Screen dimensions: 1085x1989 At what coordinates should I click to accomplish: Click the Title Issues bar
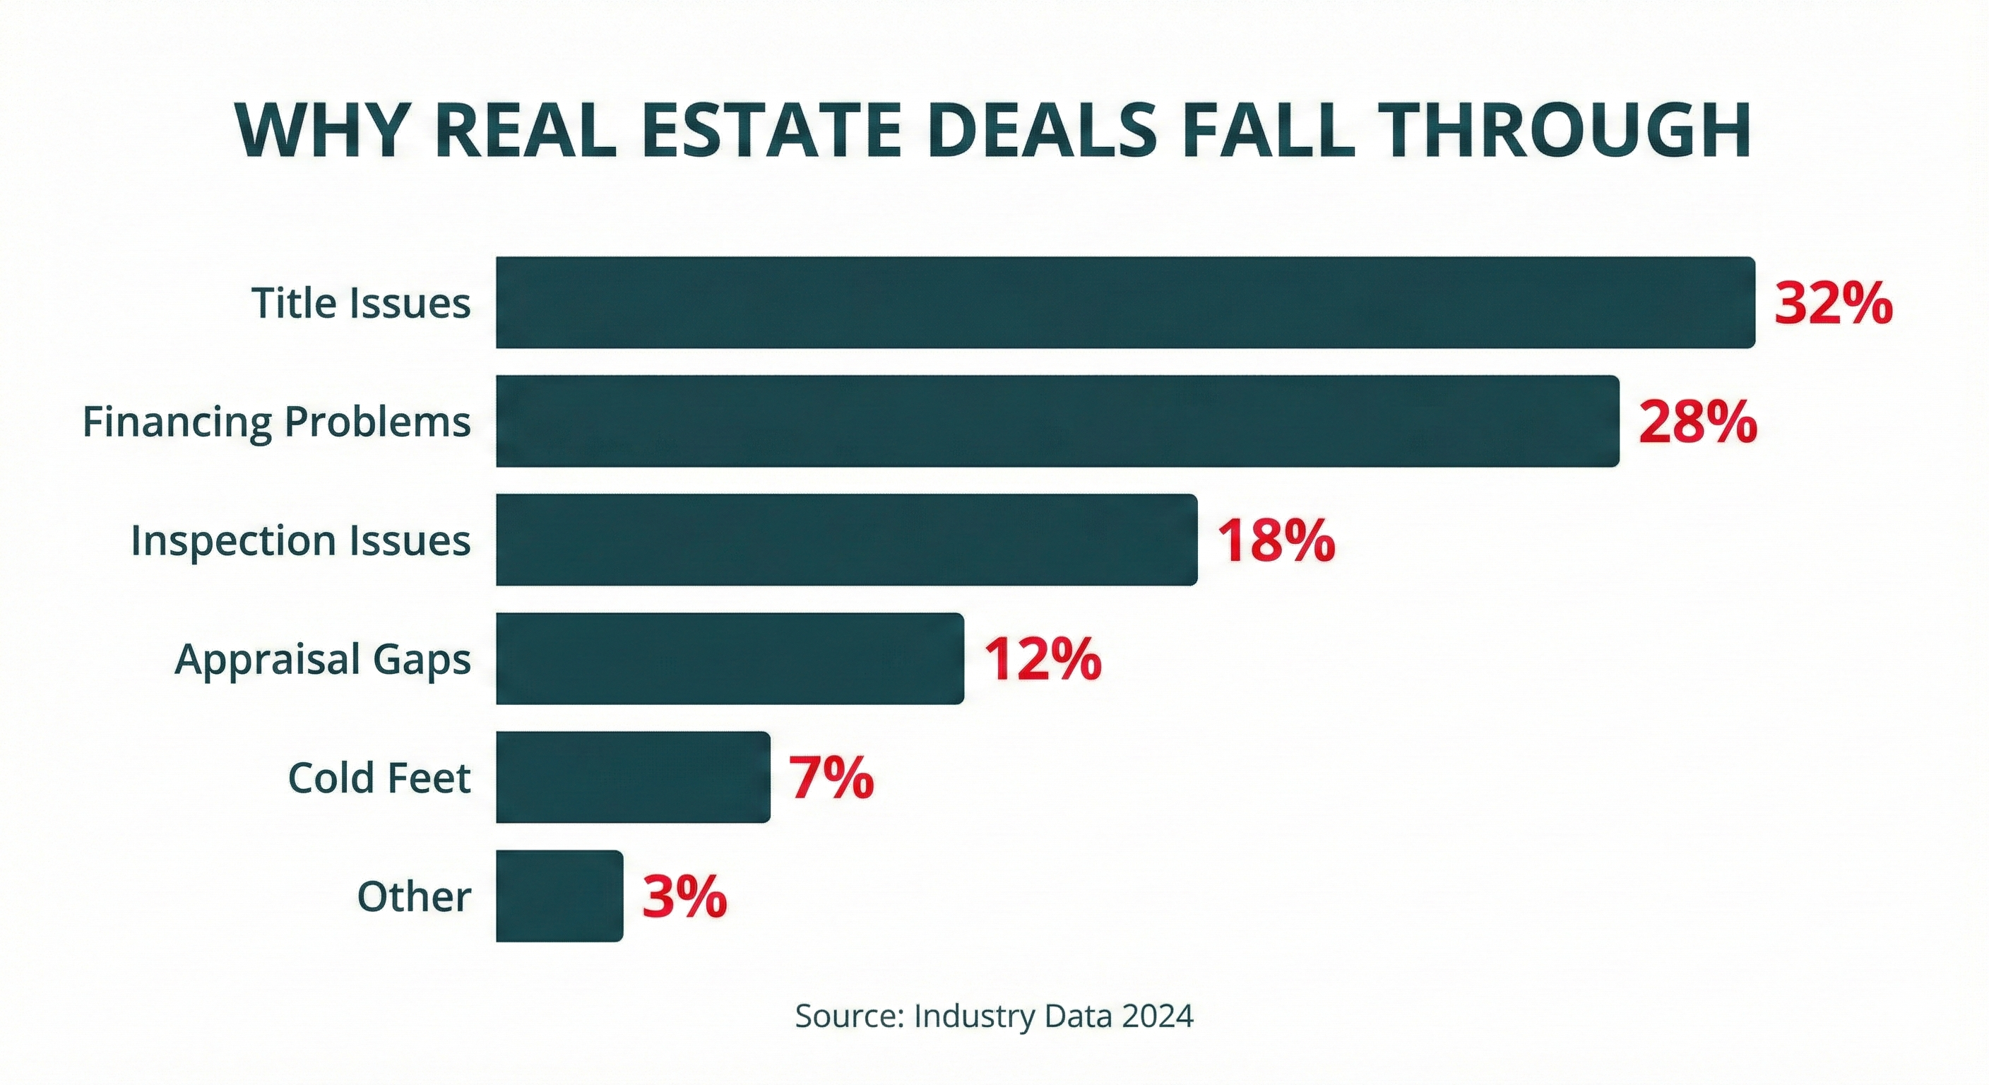(1125, 303)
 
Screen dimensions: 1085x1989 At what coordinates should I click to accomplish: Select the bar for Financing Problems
(1057, 421)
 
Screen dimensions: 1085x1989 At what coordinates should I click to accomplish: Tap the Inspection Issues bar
(846, 540)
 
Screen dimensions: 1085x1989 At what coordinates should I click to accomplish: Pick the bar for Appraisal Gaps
(730, 659)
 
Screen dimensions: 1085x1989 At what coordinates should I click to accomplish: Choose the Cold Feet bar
(632, 777)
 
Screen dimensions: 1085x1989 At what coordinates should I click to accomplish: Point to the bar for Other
(559, 896)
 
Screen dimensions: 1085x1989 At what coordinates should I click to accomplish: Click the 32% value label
(1833, 304)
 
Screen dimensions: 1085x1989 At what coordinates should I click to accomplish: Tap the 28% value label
(1697, 422)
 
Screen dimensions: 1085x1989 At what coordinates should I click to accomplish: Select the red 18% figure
(1276, 540)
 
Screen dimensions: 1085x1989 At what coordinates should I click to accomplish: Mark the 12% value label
(1042, 660)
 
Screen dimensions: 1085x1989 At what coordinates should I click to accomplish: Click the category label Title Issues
(361, 303)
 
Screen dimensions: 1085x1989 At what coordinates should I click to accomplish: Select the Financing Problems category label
(276, 422)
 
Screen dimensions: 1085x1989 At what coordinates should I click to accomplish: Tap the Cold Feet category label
(379, 778)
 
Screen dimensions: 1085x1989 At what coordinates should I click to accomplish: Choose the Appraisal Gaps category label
(323, 660)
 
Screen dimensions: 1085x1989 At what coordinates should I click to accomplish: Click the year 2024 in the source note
(1158, 1016)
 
